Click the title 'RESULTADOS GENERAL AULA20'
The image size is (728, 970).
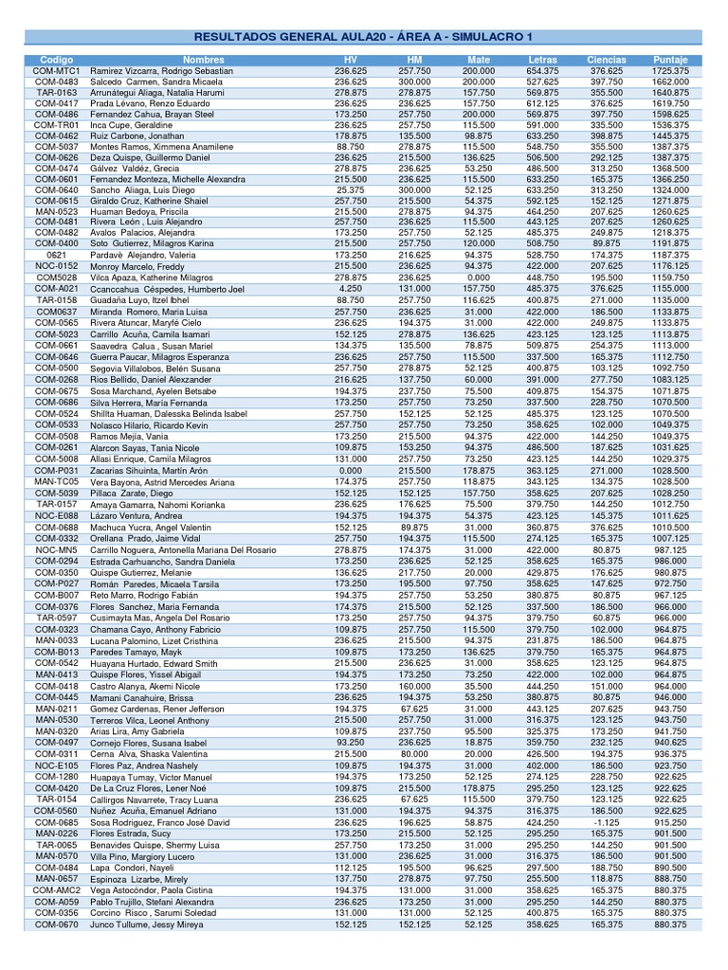[363, 37]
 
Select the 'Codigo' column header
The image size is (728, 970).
[56, 60]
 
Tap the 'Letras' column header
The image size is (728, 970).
[542, 60]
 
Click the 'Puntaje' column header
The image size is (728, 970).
[670, 60]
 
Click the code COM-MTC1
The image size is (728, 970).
[56, 71]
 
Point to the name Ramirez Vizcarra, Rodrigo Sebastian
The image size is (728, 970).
[160, 71]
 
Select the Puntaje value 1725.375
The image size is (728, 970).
[670, 71]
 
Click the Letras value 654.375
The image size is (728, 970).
[542, 71]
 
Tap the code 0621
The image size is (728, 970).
[56, 256]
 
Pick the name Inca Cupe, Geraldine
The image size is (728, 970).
[132, 125]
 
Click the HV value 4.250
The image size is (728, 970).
[351, 288]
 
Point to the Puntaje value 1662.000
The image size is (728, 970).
[670, 82]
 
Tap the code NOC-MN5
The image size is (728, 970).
[56, 549]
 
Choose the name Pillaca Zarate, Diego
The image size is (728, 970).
[132, 493]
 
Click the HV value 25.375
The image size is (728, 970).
[351, 189]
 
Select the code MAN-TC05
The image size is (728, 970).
[56, 481]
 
